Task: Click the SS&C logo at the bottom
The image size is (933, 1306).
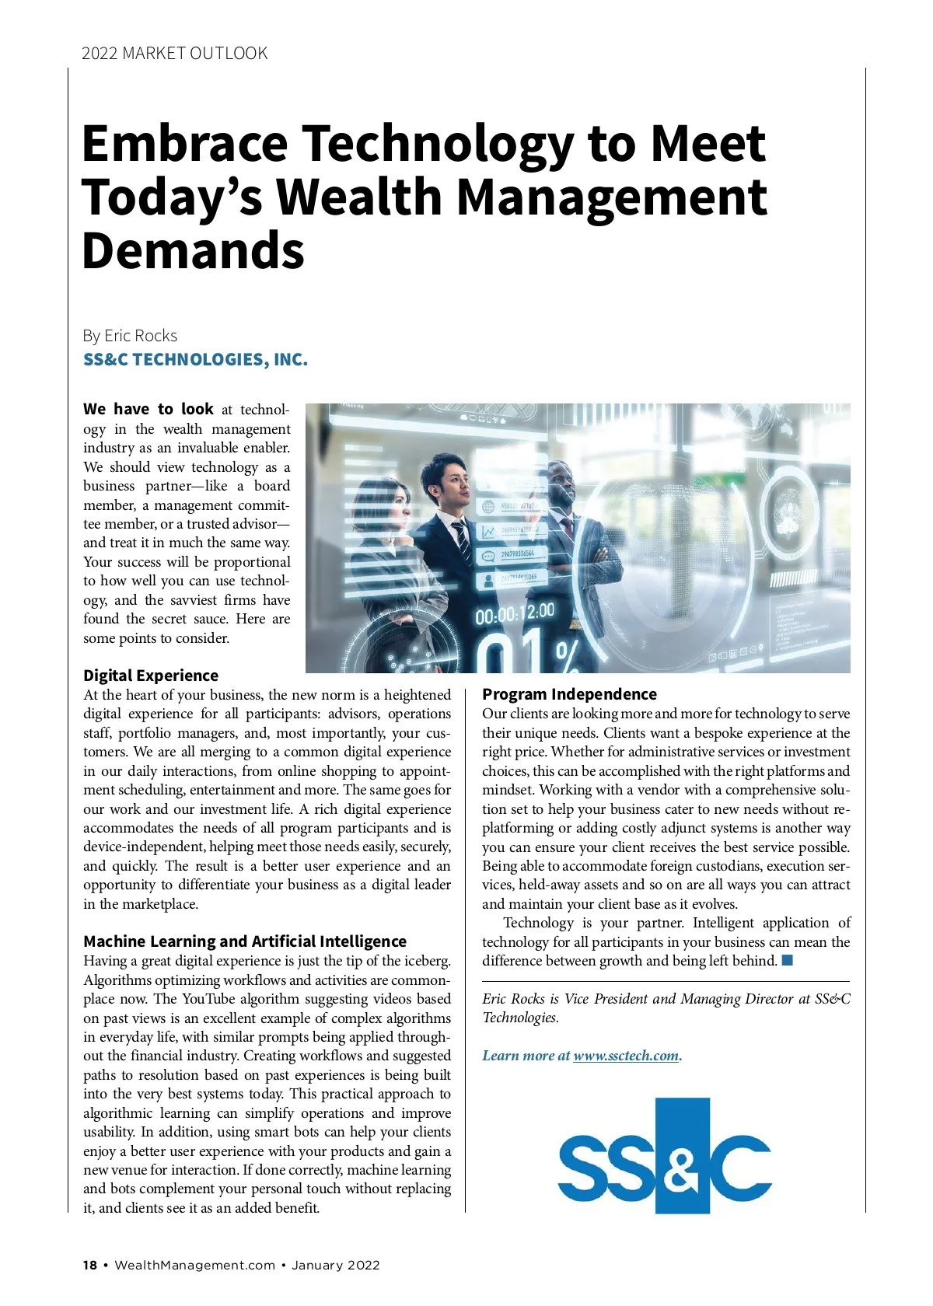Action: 665,1155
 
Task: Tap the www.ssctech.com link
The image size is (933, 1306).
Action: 626,1056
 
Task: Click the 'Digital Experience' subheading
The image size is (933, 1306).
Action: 151,676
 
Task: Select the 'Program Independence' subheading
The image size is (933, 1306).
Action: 569,694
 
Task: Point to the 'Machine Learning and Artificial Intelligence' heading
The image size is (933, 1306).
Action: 245,941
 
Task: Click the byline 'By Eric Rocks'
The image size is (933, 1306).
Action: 130,336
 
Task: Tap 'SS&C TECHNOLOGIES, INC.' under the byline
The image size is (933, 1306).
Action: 195,360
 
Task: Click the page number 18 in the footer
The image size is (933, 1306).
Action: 90,1265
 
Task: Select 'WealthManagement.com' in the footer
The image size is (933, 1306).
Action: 194,1265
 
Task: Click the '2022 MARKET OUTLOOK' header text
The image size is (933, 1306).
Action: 174,54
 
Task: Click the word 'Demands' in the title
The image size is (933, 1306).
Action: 193,250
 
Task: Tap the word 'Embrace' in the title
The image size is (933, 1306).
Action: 184,144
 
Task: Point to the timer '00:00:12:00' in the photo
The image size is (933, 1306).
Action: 515,613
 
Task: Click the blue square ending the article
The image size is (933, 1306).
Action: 787,960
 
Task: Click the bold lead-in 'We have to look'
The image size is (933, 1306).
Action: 148,410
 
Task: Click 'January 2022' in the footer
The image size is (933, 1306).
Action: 336,1265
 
